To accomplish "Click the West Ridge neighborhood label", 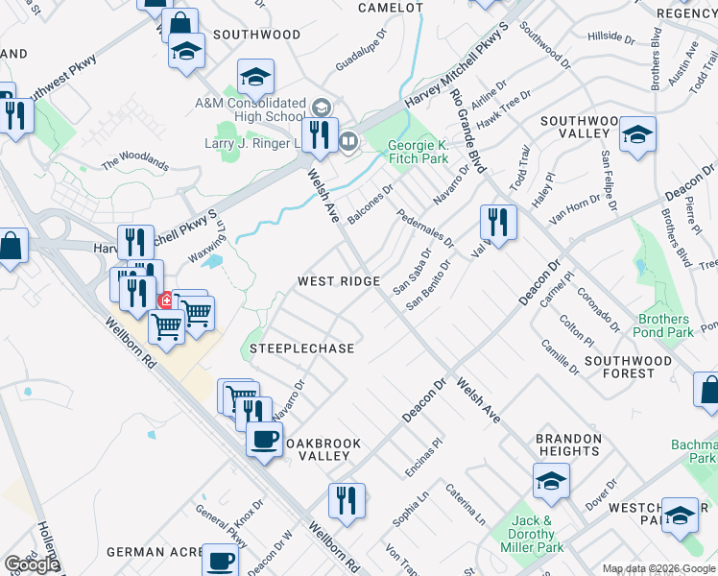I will coord(339,281).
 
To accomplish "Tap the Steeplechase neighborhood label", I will coord(301,348).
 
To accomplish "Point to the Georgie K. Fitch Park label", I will coord(418,153).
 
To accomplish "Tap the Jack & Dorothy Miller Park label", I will coord(532,534).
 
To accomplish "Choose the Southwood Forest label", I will coord(629,367).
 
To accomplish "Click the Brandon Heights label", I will coord(569,444).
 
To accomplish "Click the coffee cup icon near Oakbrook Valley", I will coord(264,441).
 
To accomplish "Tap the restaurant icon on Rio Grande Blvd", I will coord(498,223).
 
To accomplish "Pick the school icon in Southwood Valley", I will coord(636,135).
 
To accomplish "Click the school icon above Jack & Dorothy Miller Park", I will coord(551,481).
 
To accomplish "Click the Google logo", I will coord(31,564).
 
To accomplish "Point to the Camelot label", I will coord(390,8).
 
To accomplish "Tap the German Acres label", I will coord(144,552).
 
